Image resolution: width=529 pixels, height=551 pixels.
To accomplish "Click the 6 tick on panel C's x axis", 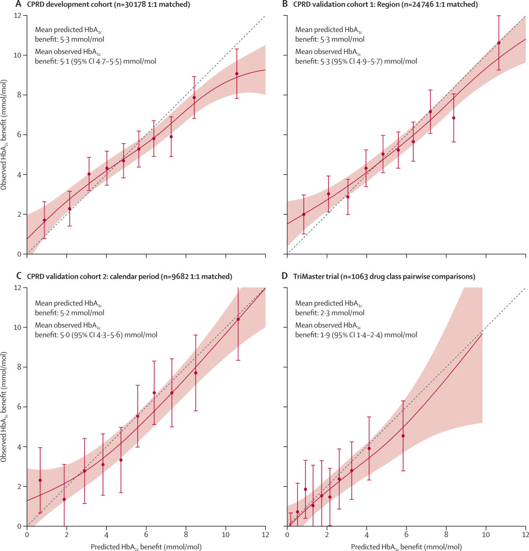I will pos(146,534).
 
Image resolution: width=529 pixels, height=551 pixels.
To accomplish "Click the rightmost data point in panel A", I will pos(237,74).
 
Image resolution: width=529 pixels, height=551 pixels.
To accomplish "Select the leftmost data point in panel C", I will pos(40,480).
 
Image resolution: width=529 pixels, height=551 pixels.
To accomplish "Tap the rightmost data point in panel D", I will pos(403,436).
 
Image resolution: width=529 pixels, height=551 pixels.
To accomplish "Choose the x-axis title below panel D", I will pos(406,546).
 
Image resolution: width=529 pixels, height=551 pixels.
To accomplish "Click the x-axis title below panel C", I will pos(146,546).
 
